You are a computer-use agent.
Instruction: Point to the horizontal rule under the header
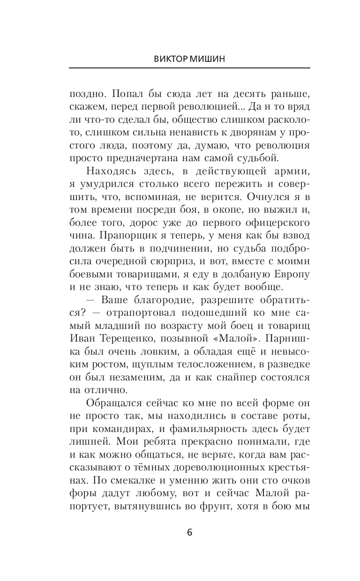[x=189, y=68]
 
